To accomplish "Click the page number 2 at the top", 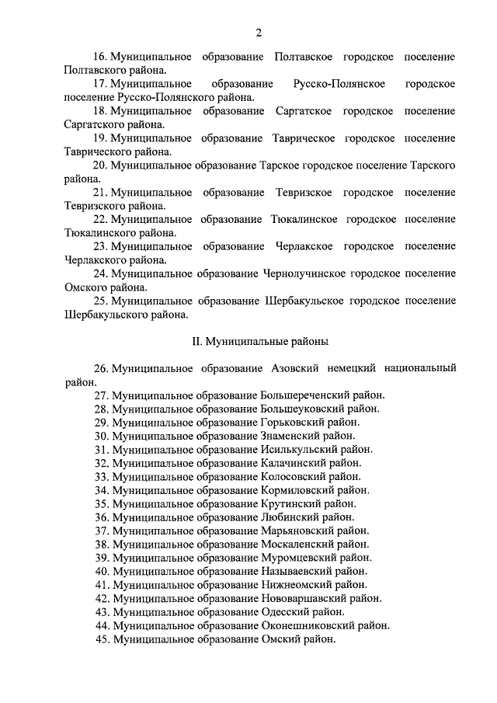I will click(x=257, y=32).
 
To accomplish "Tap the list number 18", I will click(x=99, y=111).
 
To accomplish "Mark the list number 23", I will click(x=99, y=246).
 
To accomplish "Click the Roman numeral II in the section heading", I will click(x=196, y=340).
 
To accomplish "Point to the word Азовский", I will click(x=296, y=367).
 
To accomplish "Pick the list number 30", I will click(x=101, y=435).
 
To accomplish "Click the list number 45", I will click(x=101, y=639).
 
